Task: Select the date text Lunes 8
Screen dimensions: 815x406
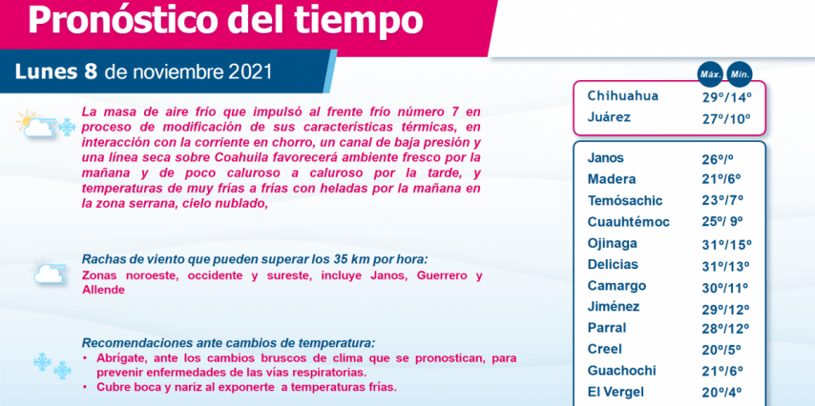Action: tap(56, 72)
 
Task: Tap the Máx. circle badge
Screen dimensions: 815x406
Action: tap(710, 74)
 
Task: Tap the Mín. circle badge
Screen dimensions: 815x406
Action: tap(740, 74)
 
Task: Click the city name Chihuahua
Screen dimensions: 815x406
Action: tap(622, 96)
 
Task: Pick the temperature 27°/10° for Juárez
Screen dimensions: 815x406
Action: tap(726, 118)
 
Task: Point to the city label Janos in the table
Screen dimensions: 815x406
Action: tap(606, 158)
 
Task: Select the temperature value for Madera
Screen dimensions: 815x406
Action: tap(721, 179)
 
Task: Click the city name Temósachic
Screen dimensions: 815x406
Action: tap(625, 200)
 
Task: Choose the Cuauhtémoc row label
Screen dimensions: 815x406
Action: tap(628, 222)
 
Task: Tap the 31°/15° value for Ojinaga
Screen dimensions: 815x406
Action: tap(726, 245)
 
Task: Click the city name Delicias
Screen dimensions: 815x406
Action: tap(613, 264)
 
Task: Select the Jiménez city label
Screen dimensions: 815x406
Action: tap(614, 307)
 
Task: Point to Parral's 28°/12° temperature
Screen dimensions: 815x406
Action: tap(725, 330)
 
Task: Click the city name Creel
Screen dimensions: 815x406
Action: tap(604, 350)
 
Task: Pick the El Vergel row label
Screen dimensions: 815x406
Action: tap(615, 392)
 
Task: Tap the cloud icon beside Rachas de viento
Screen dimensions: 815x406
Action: tap(50, 274)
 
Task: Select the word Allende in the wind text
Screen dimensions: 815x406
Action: tap(103, 290)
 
